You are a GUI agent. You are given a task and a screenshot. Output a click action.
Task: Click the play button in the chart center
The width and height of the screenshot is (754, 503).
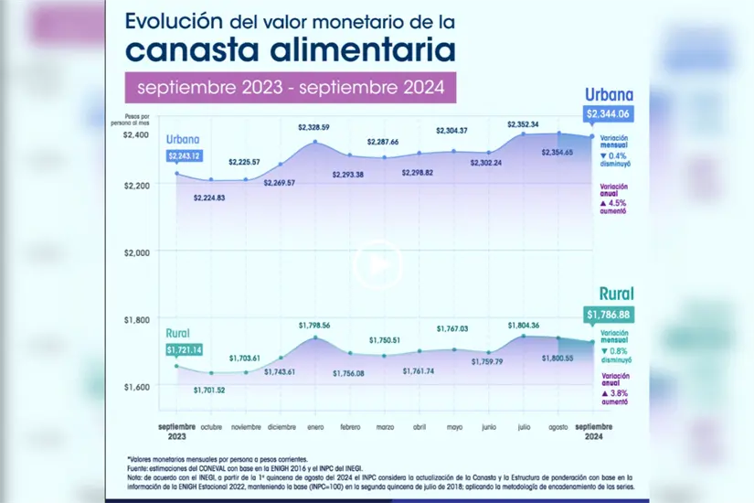(x=377, y=263)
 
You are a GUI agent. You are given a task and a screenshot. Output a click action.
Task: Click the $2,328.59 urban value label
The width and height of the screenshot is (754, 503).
(x=313, y=126)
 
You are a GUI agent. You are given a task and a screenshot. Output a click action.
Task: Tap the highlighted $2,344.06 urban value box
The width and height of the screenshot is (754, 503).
(x=610, y=113)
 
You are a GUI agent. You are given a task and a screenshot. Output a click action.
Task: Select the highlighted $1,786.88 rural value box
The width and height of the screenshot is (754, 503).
(x=609, y=315)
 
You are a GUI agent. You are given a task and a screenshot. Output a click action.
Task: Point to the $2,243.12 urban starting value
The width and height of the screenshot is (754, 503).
(x=184, y=155)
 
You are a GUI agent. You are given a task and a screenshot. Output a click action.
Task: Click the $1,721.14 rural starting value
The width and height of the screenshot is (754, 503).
(x=184, y=349)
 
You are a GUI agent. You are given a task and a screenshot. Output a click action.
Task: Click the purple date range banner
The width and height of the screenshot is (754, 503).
(x=291, y=89)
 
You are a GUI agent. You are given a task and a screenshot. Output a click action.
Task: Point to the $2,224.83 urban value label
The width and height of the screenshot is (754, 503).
(x=211, y=198)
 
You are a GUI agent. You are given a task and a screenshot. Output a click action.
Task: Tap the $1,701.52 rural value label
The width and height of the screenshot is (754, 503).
(x=211, y=391)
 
